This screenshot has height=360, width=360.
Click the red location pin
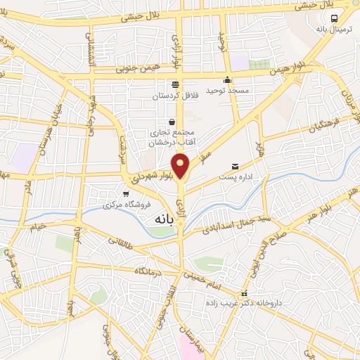click(x=181, y=166)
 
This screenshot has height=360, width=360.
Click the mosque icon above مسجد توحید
click(x=227, y=79)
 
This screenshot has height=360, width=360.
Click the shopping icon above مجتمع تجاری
click(x=172, y=121)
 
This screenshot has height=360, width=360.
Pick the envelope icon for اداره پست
click(x=235, y=167)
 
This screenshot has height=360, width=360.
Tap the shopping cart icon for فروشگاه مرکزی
click(x=126, y=194)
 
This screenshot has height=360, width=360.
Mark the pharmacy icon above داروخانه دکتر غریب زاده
click(x=244, y=294)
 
